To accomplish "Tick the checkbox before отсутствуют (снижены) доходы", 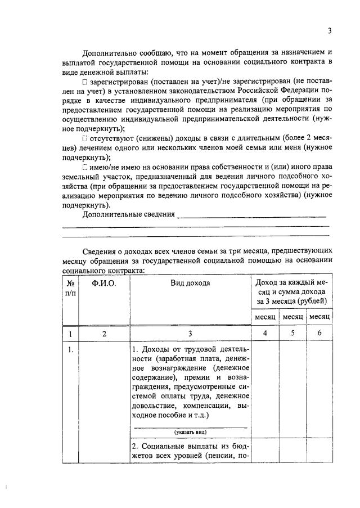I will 84,138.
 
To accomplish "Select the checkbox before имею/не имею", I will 84,166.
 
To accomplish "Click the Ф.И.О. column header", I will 105,283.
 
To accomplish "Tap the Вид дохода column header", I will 190,283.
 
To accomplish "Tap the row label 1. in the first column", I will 70,349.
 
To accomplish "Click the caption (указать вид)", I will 190,431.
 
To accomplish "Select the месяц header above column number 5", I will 292,317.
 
